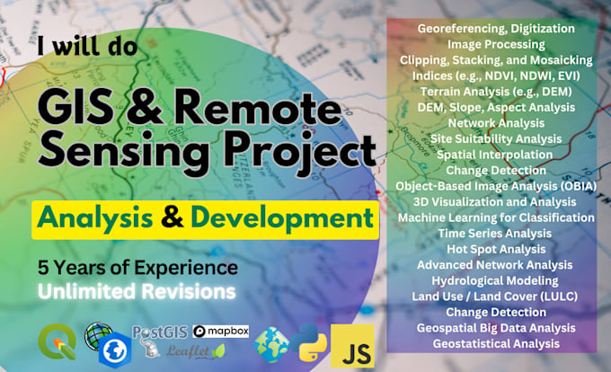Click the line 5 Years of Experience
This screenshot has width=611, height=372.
click(x=137, y=268)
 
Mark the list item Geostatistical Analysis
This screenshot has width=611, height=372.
click(x=496, y=343)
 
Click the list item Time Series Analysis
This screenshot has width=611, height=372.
click(x=496, y=232)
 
